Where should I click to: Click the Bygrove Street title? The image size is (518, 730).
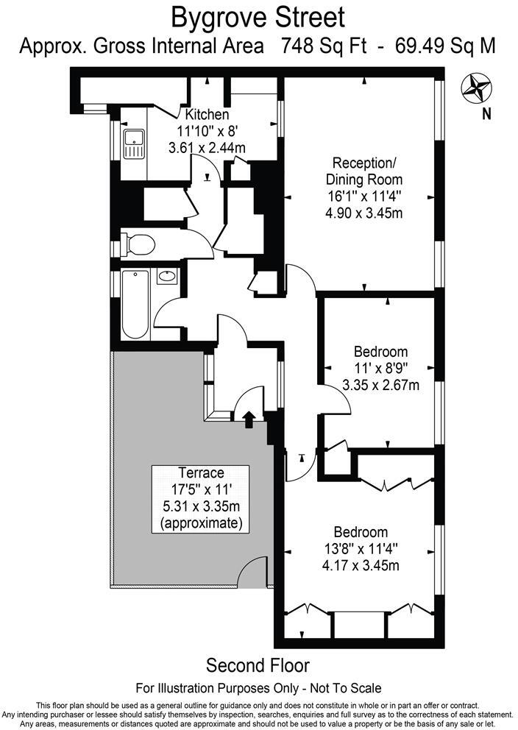click(258, 16)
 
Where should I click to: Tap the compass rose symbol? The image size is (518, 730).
click(476, 89)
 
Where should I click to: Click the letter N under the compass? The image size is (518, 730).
click(486, 113)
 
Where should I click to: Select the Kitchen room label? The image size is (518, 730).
click(207, 115)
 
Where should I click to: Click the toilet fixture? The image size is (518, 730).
click(138, 243)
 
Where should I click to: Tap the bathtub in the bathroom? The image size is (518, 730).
click(135, 305)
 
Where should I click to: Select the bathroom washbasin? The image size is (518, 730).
click(168, 277)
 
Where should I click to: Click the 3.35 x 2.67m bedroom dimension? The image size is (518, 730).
click(380, 384)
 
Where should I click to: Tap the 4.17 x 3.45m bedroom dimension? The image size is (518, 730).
click(361, 566)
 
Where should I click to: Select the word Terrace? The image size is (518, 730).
click(200, 472)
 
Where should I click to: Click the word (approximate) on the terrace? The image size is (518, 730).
click(200, 523)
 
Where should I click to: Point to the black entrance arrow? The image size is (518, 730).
click(248, 419)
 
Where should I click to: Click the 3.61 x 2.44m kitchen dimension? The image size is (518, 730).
click(207, 147)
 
